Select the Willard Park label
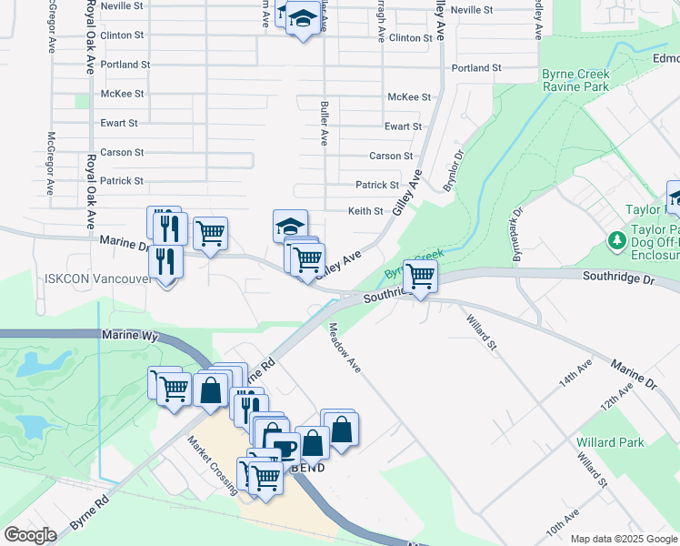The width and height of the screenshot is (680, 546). point(610,443)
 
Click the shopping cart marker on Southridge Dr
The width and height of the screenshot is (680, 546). point(420,276)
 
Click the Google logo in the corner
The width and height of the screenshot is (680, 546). point(30,535)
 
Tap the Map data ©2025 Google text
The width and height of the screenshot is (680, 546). point(624,539)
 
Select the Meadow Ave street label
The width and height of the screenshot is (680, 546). point(345,348)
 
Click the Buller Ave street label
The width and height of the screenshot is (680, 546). point(324,124)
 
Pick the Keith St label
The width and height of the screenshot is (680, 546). point(365,211)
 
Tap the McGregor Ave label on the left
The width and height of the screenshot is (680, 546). point(51,164)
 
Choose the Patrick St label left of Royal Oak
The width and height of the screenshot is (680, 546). point(122,181)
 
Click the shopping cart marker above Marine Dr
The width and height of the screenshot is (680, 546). point(210,234)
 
